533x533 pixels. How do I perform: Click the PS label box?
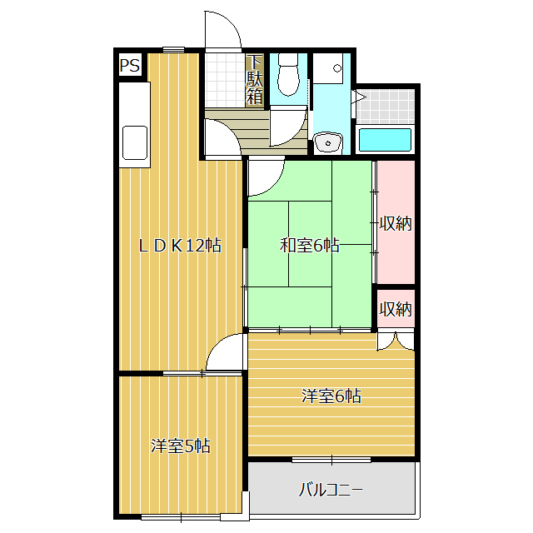click(x=129, y=66)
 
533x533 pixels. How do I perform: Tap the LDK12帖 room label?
click(x=179, y=246)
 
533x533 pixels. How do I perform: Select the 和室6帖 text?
click(x=309, y=246)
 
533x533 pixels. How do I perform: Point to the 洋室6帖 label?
click(x=331, y=396)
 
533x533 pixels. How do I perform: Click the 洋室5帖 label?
click(x=180, y=446)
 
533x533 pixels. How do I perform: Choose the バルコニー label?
click(x=331, y=489)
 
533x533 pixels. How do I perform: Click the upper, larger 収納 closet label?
click(x=396, y=223)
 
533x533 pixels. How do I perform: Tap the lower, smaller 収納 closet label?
click(x=396, y=309)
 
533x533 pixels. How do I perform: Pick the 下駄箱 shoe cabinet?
click(x=255, y=80)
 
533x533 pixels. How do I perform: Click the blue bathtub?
click(x=385, y=139)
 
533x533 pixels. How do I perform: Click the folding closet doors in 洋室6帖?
click(x=395, y=340)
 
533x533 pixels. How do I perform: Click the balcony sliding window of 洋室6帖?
click(x=331, y=459)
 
